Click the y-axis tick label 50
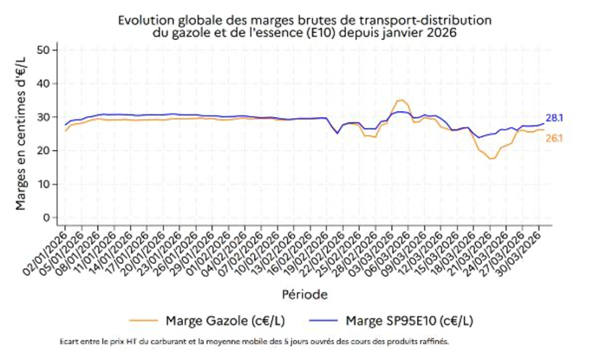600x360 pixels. click(x=44, y=50)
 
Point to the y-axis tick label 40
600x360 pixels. click(x=44, y=83)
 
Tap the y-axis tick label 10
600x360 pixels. click(x=44, y=184)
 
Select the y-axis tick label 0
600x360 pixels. click(x=47, y=217)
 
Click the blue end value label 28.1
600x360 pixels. click(x=555, y=118)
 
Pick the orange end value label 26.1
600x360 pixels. click(x=555, y=138)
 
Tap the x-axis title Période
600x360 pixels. click(x=303, y=293)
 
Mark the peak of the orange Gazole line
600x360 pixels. click(x=400, y=100)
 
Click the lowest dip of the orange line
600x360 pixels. click(x=491, y=159)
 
